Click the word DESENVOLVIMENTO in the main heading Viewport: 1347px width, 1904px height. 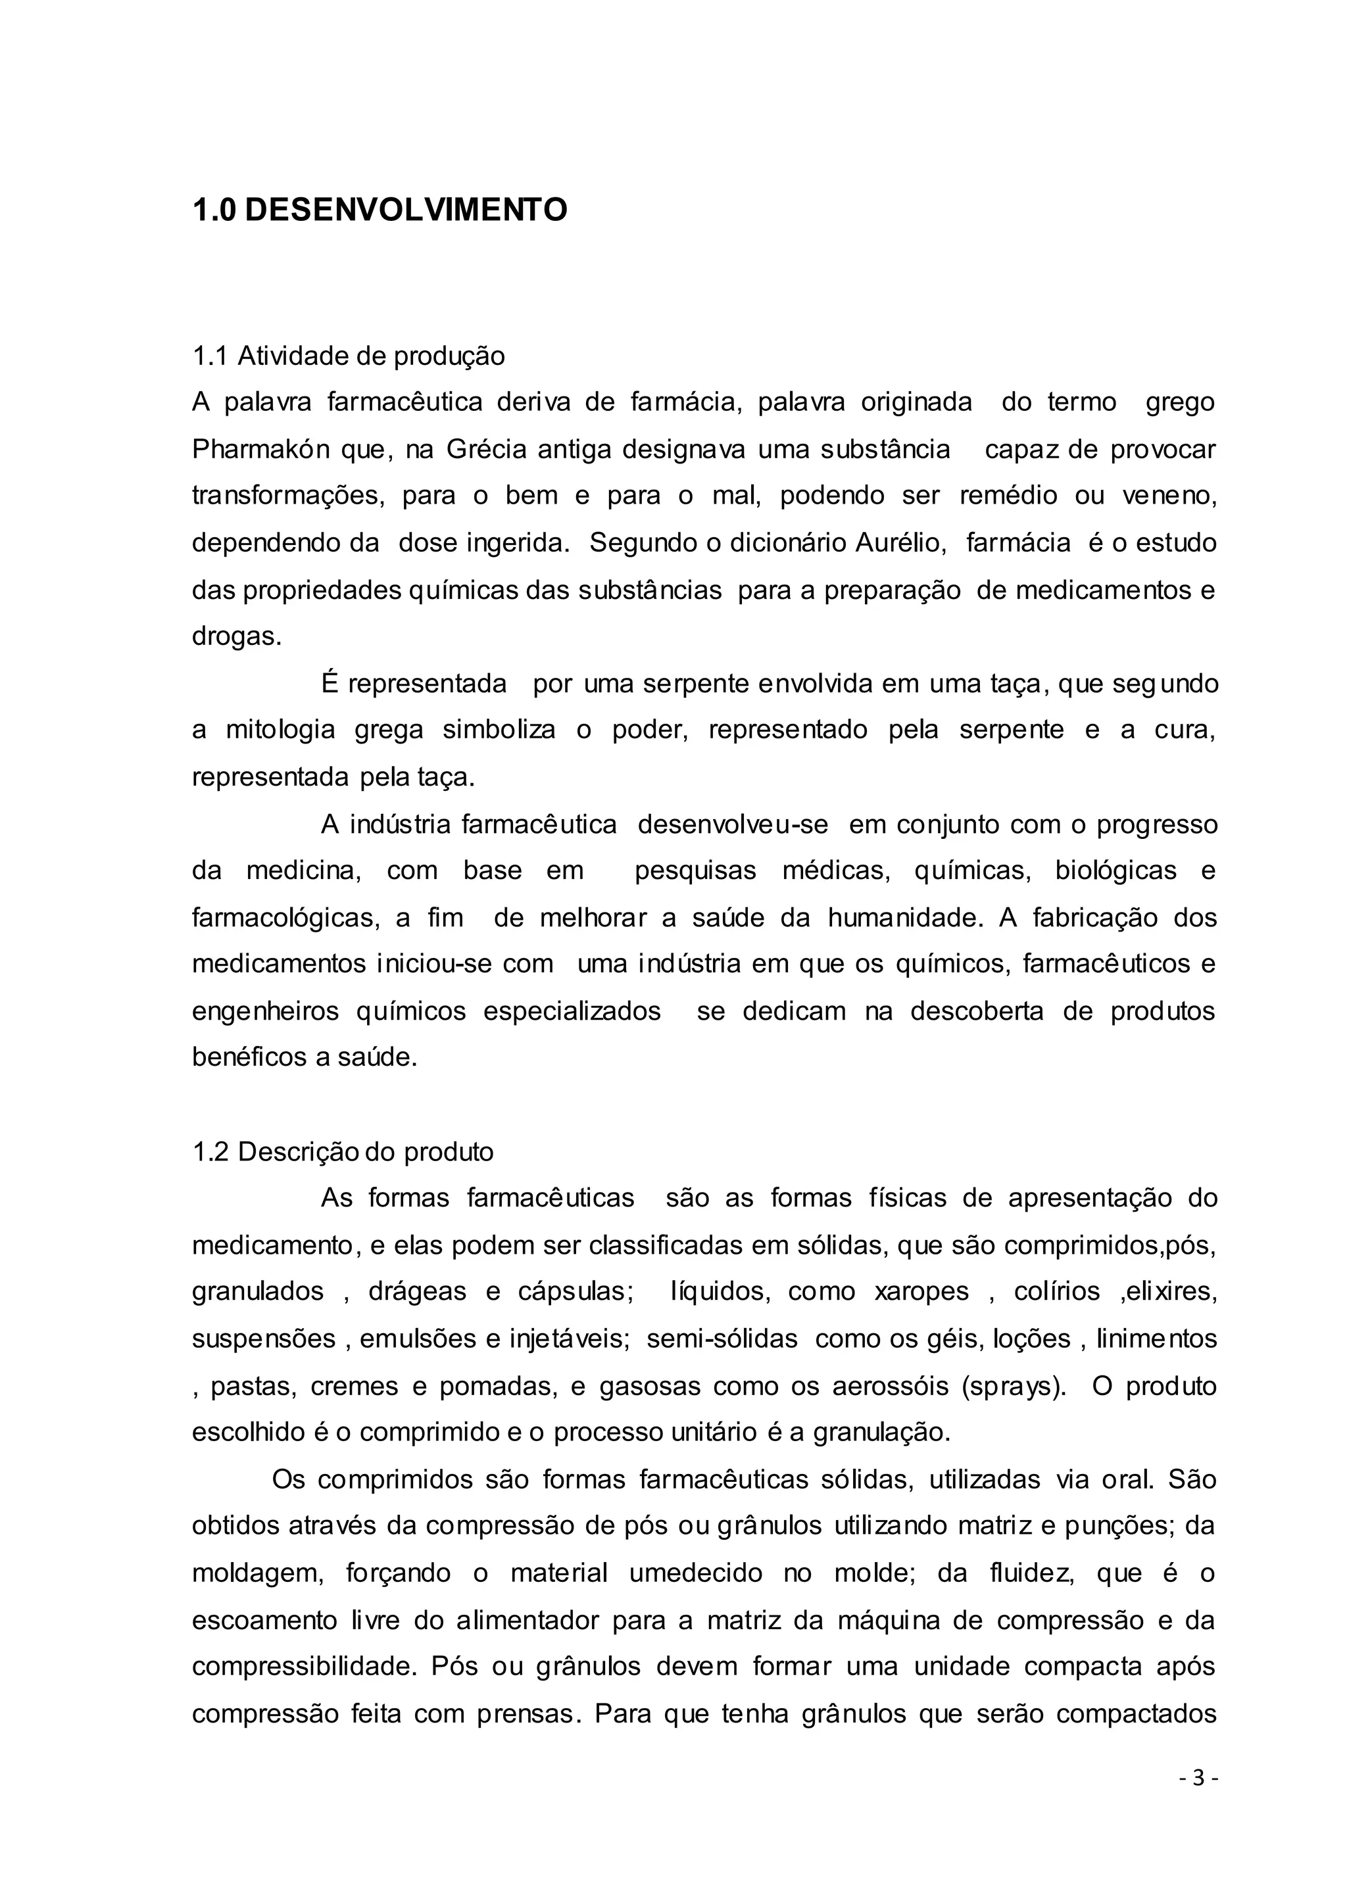406,210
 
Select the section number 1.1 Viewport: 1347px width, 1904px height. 210,356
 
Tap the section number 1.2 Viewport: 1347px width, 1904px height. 210,1153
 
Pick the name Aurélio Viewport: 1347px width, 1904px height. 900,543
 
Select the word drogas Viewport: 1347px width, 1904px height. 236,637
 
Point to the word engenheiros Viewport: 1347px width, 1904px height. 266,1012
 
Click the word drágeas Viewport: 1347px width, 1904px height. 417,1292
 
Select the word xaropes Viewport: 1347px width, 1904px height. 921,1292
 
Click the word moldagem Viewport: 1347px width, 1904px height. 257,1574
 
